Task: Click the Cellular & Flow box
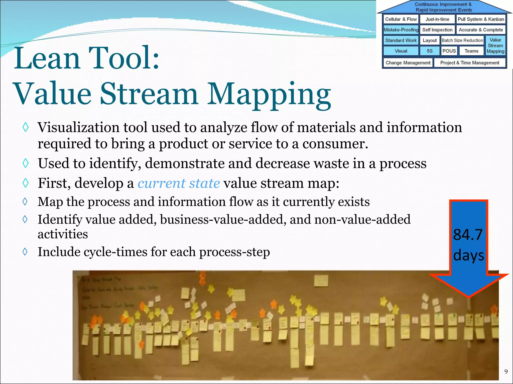pyautogui.click(x=401, y=19)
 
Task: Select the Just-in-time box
pyautogui.click(x=437, y=19)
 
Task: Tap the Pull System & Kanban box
pyautogui.click(x=481, y=19)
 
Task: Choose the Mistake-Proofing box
pyautogui.click(x=401, y=30)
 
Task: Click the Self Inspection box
pyautogui.click(x=437, y=30)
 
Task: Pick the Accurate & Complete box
pyautogui.click(x=481, y=30)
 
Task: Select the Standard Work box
pyautogui.click(x=401, y=40)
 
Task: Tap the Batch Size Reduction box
pyautogui.click(x=462, y=40)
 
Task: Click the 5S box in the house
pyautogui.click(x=430, y=51)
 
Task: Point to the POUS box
pyautogui.click(x=449, y=51)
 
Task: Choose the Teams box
pyautogui.click(x=471, y=51)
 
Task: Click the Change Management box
pyautogui.click(x=408, y=62)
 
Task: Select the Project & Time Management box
pyautogui.click(x=470, y=62)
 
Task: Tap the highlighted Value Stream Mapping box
pyautogui.click(x=495, y=45)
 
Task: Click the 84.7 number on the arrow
pyautogui.click(x=468, y=234)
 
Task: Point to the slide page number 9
pyautogui.click(x=506, y=372)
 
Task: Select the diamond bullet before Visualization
pyautogui.click(x=26, y=127)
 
